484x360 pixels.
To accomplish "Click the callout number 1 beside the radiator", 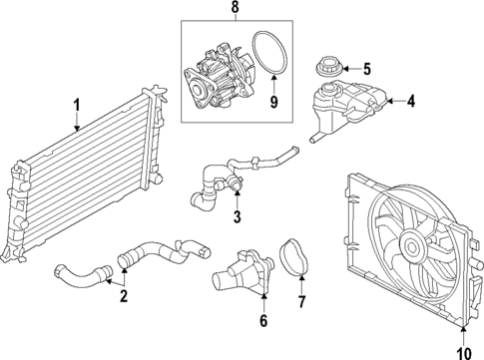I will pos(76,103).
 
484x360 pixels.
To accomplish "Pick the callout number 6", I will pos(264,320).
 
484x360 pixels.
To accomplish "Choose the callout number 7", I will pos(304,298).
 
